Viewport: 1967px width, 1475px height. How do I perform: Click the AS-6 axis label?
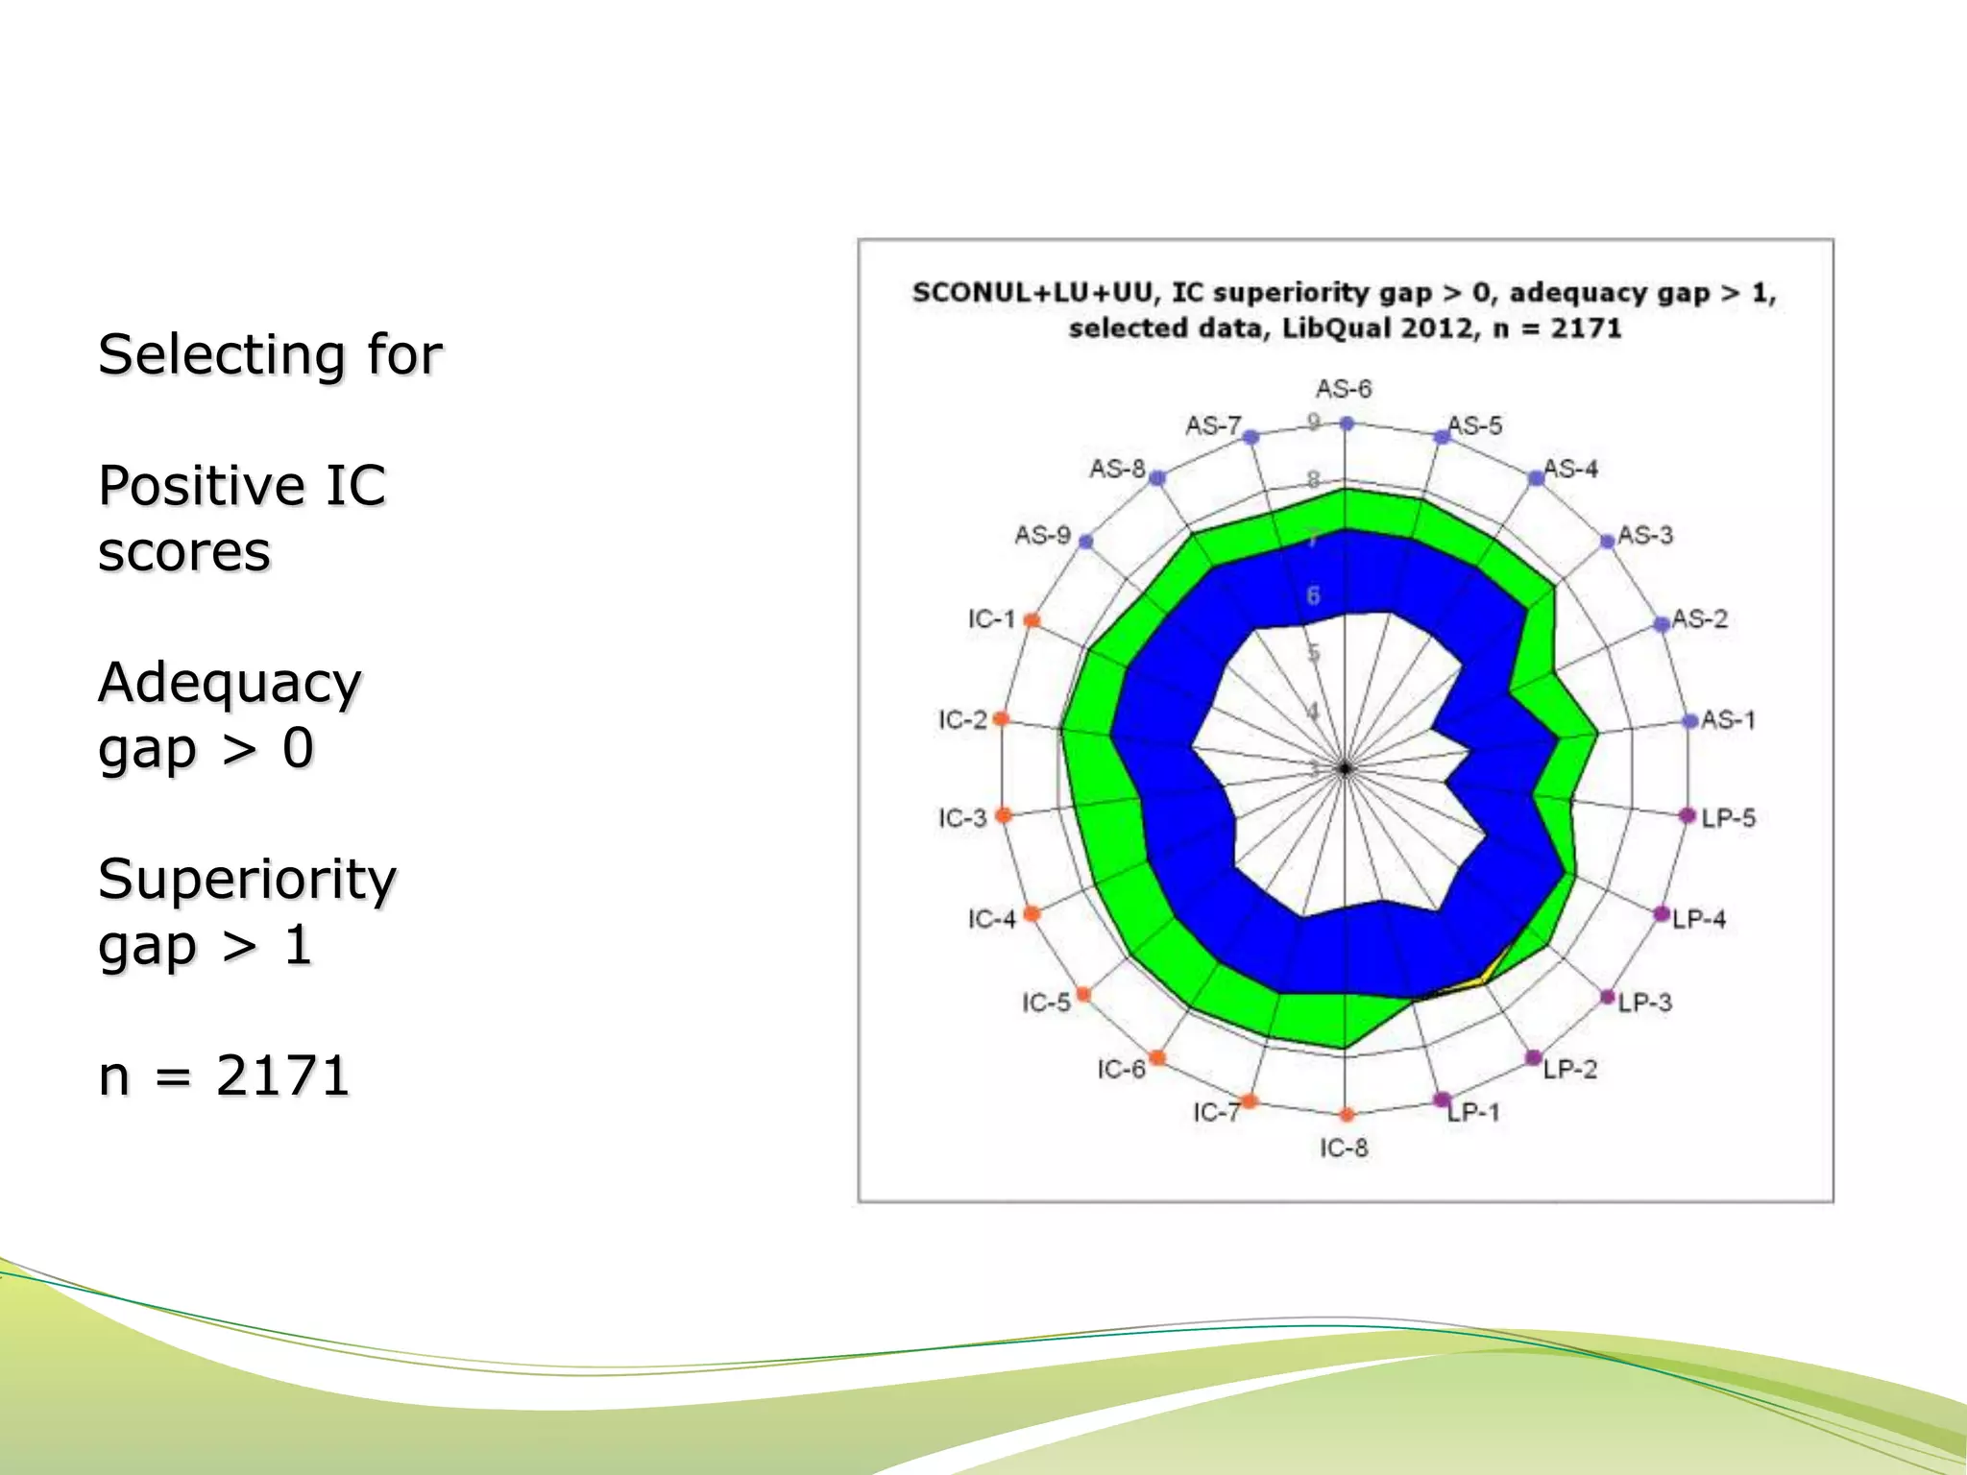click(x=1343, y=389)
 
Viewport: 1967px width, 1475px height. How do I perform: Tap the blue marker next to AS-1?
click(x=1690, y=721)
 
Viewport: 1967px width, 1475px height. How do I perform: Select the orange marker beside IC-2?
click(x=1001, y=718)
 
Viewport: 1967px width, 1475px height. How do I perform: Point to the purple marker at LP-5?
click(x=1688, y=815)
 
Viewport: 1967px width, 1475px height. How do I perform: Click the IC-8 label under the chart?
click(x=1343, y=1148)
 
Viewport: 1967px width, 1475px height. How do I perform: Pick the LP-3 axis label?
click(x=1644, y=1003)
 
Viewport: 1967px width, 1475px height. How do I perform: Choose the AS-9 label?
click(x=1042, y=535)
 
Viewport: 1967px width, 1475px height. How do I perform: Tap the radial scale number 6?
click(x=1313, y=596)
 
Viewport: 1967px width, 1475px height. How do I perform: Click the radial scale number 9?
click(x=1313, y=422)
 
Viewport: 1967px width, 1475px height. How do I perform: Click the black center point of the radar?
click(x=1346, y=768)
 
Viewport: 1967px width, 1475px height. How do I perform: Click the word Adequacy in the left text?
click(x=230, y=683)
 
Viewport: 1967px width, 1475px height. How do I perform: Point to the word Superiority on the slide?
click(x=247, y=879)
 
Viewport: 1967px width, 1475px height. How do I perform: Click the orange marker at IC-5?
click(x=1083, y=994)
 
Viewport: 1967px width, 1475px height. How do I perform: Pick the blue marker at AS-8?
click(x=1158, y=477)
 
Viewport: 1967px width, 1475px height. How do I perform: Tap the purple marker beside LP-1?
click(x=1442, y=1100)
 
